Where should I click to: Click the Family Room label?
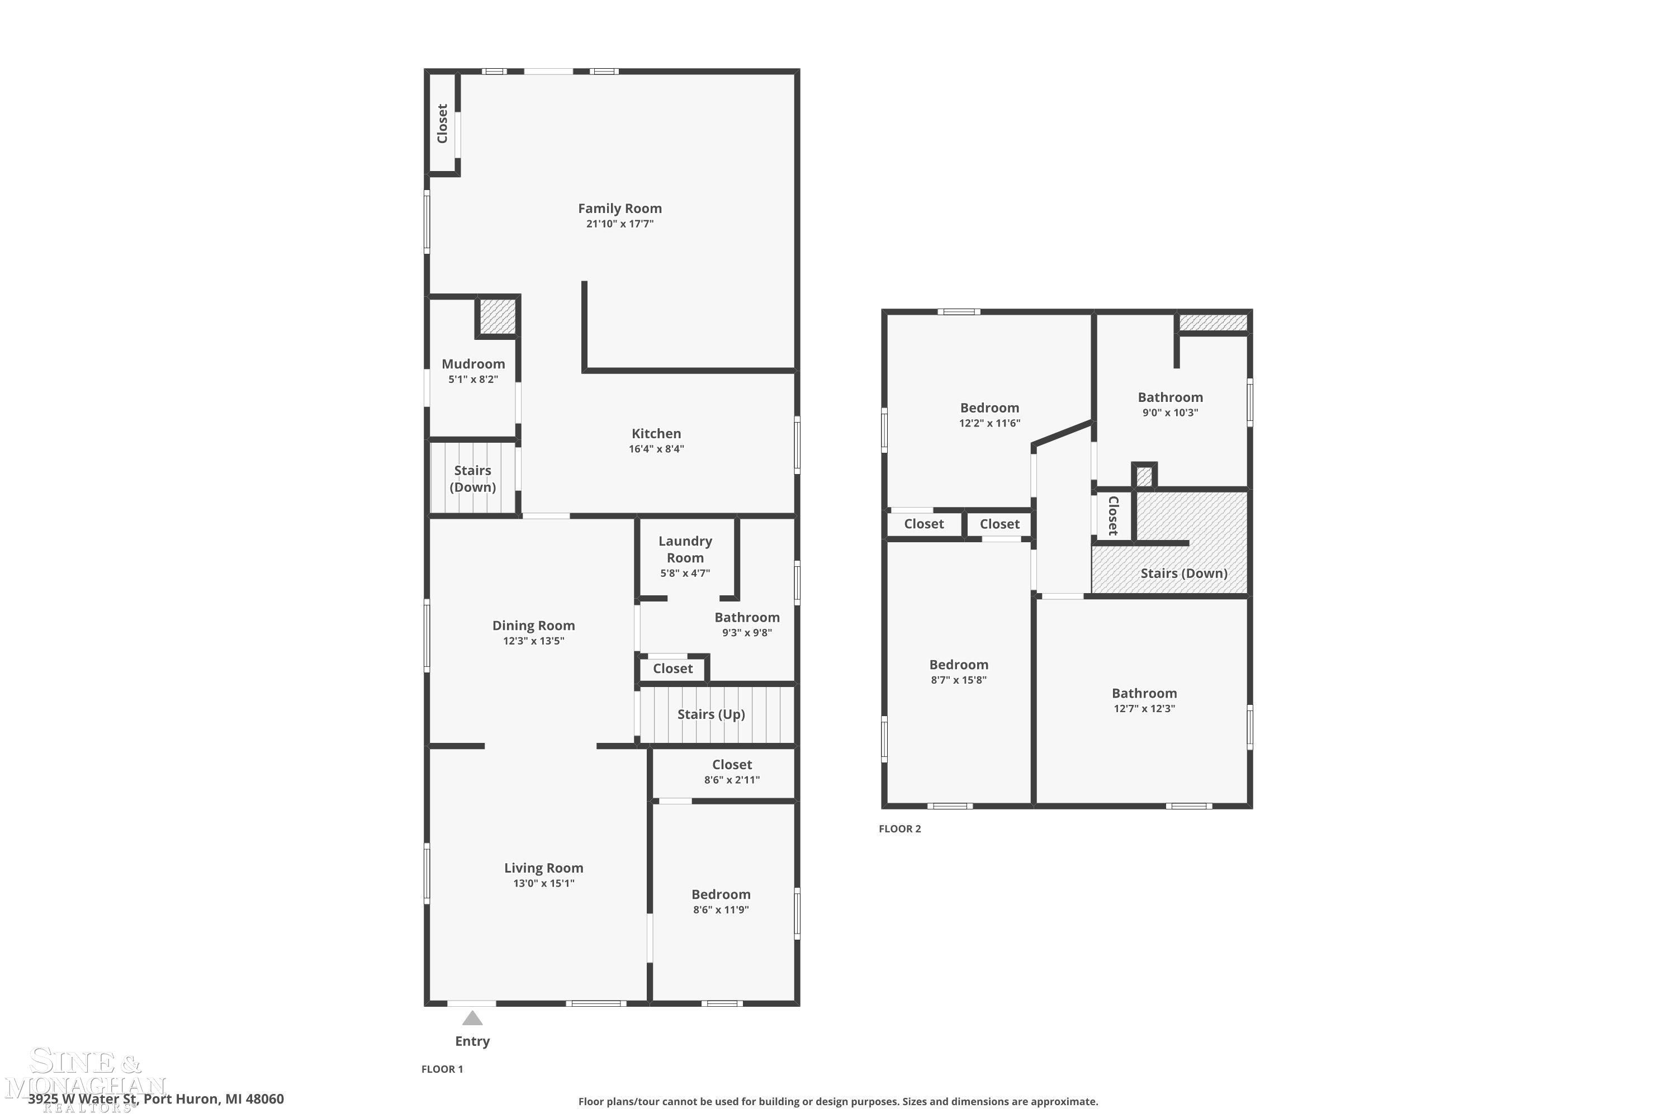point(619,208)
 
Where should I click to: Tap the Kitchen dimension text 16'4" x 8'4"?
point(656,448)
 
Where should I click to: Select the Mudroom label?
point(473,364)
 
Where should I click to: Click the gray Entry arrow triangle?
point(472,1017)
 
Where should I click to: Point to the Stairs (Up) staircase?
point(717,714)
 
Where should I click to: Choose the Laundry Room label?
point(684,549)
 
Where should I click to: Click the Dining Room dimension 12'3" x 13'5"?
point(533,640)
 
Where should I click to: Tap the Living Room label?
point(543,868)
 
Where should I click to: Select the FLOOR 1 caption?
point(442,1069)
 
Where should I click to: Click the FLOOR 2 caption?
point(900,828)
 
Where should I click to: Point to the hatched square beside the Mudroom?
point(497,316)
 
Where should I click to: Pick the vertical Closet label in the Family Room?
point(442,124)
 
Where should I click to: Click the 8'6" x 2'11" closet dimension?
point(732,780)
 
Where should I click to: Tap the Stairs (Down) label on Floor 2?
point(1183,574)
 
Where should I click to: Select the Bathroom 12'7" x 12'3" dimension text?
point(1144,708)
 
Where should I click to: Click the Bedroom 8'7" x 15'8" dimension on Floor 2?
point(958,680)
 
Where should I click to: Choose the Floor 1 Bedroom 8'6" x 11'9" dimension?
point(721,909)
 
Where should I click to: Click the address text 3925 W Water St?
point(83,1099)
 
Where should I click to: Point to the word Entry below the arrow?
point(472,1041)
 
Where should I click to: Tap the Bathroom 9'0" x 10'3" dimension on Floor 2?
point(1170,412)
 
